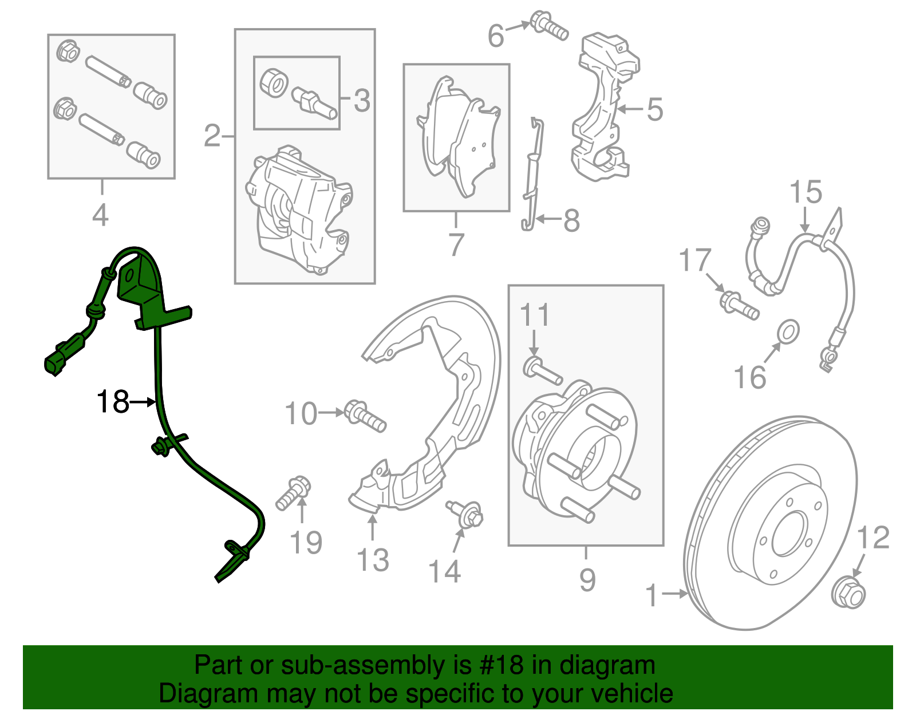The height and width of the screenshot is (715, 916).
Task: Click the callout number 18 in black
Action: (x=112, y=402)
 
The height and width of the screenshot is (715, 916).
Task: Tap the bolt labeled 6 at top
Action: (x=549, y=25)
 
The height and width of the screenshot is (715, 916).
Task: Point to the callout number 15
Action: (x=806, y=193)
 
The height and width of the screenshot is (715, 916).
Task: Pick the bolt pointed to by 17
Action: (x=739, y=305)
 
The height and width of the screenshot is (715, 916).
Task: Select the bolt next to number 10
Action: (x=365, y=416)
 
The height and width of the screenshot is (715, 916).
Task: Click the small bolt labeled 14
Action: (x=467, y=513)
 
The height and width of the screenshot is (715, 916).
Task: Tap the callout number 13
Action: (x=373, y=560)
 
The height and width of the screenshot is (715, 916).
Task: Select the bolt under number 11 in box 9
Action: (x=542, y=370)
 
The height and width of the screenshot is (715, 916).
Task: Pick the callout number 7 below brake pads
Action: (x=456, y=245)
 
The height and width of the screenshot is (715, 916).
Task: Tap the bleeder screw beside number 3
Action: (x=315, y=101)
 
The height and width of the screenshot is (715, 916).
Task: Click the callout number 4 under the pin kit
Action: (x=100, y=216)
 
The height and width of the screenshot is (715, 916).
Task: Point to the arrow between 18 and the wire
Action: (x=144, y=402)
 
